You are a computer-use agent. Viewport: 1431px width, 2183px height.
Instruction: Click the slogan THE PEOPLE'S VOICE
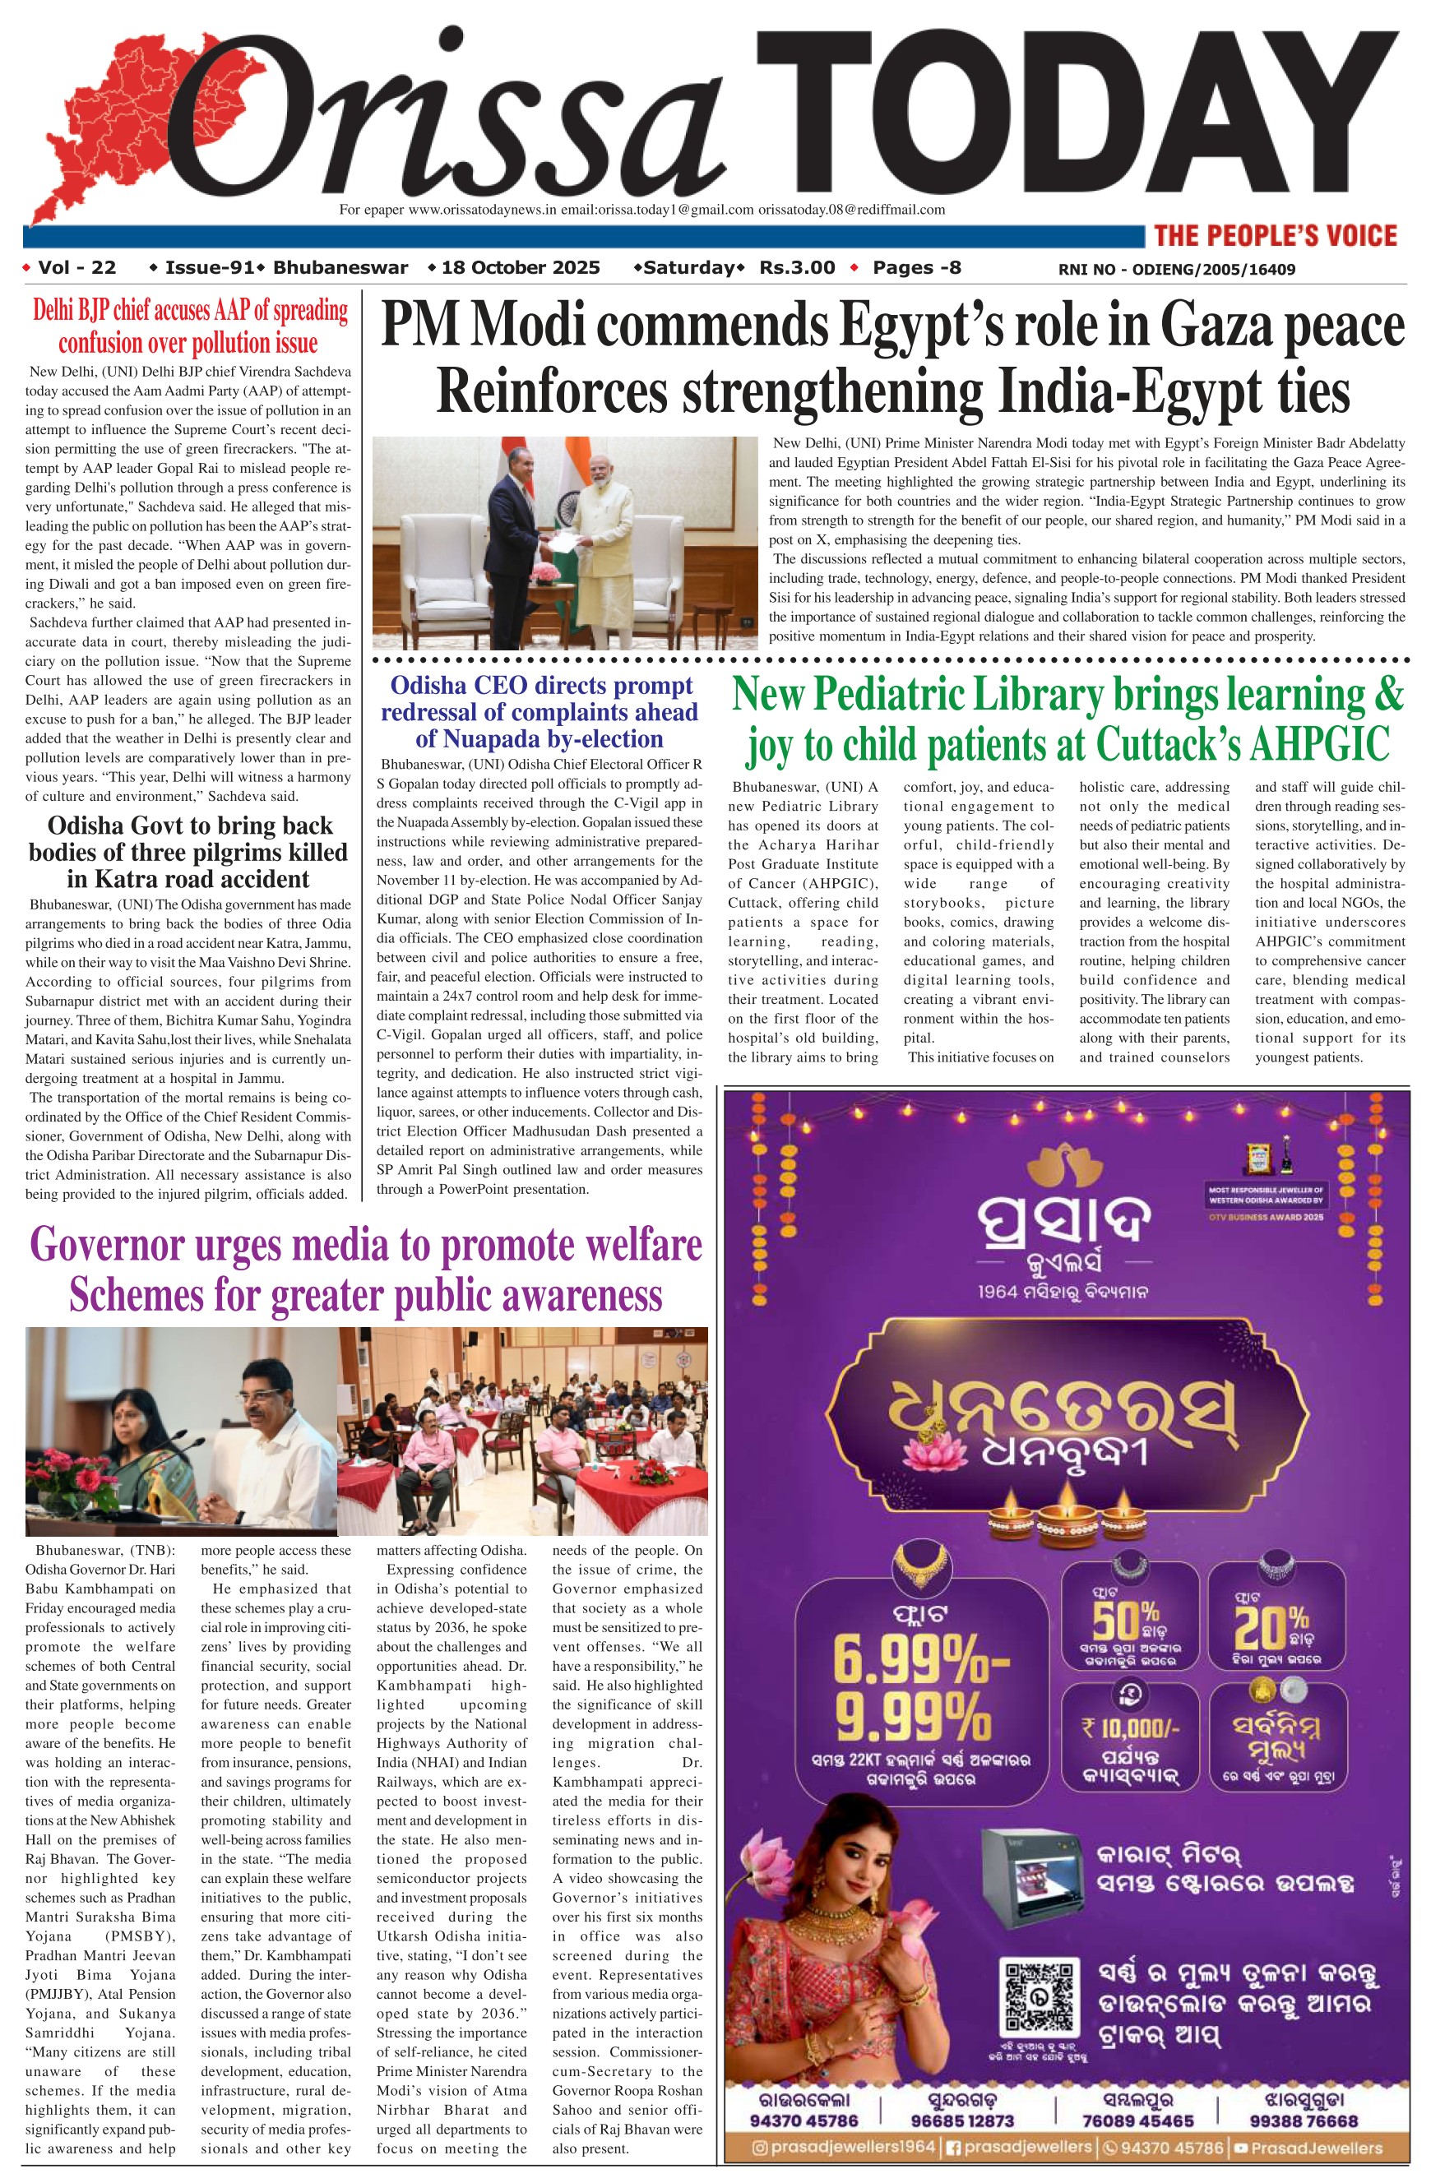click(1275, 236)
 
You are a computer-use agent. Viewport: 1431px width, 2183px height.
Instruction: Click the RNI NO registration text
click(1176, 270)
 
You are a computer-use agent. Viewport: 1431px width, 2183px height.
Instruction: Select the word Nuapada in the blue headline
click(539, 739)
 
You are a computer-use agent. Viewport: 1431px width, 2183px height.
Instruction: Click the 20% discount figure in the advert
click(1272, 1625)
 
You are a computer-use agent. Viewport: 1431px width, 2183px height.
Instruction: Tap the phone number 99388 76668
click(1303, 2121)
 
